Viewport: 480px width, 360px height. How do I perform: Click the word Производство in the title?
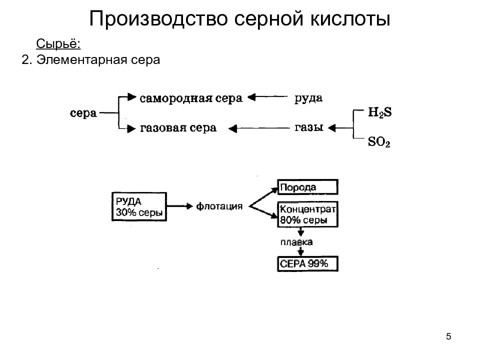pyautogui.click(x=158, y=19)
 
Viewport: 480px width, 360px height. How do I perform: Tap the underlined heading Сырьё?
pyautogui.click(x=58, y=44)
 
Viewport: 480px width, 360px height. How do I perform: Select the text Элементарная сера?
pyautogui.click(x=98, y=59)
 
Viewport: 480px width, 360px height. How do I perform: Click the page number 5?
pyautogui.click(x=448, y=336)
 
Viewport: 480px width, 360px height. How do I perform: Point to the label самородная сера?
pyautogui.click(x=191, y=98)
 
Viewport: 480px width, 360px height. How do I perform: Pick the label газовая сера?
pyautogui.click(x=178, y=127)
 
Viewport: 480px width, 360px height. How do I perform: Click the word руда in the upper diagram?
pyautogui.click(x=308, y=98)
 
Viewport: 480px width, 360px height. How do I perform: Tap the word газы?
pyautogui.click(x=309, y=127)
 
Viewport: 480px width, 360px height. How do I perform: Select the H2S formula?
pyautogui.click(x=379, y=112)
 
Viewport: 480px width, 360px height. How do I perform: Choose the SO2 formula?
pyautogui.click(x=379, y=141)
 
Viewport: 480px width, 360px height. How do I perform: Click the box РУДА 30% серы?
pyautogui.click(x=139, y=206)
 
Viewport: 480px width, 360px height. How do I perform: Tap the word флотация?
pyautogui.click(x=219, y=206)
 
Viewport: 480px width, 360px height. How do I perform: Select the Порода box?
pyautogui.click(x=307, y=187)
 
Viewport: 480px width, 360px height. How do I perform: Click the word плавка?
pyautogui.click(x=296, y=242)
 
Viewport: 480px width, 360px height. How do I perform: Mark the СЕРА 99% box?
pyautogui.click(x=307, y=263)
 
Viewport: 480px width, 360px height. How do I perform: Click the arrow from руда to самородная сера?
pyautogui.click(x=267, y=97)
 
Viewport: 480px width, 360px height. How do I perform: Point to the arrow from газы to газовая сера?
pyautogui.click(x=259, y=128)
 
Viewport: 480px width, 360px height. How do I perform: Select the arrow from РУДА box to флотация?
pyautogui.click(x=179, y=206)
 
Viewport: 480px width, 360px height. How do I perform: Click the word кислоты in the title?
pyautogui.click(x=350, y=19)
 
